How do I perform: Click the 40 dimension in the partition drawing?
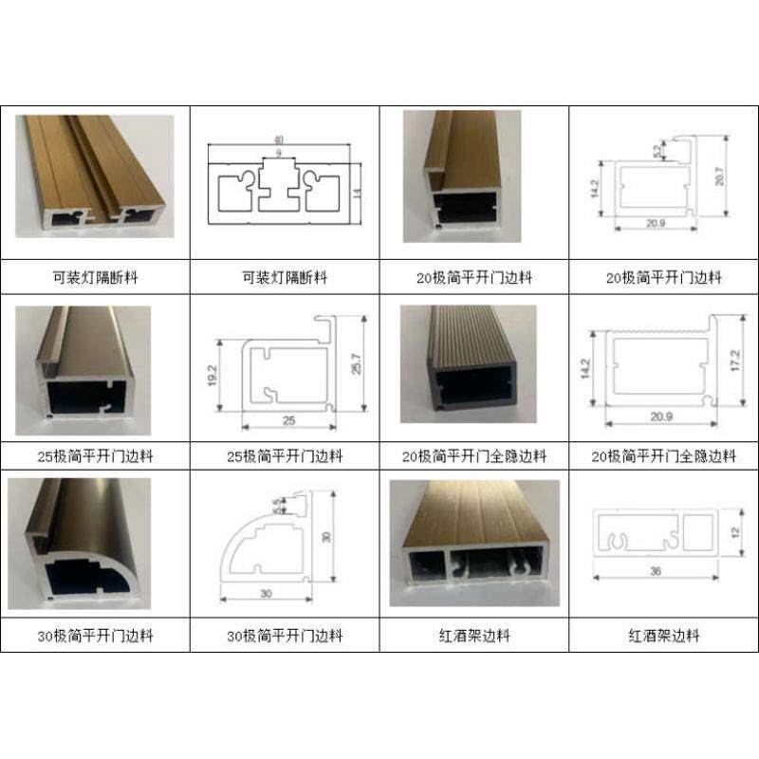279,139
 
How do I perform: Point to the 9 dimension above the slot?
279,153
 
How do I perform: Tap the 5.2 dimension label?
656,149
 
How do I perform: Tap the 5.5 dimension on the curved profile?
277,508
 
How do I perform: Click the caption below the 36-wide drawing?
663,636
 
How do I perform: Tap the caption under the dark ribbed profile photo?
474,456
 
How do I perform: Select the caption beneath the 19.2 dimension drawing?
285,456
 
